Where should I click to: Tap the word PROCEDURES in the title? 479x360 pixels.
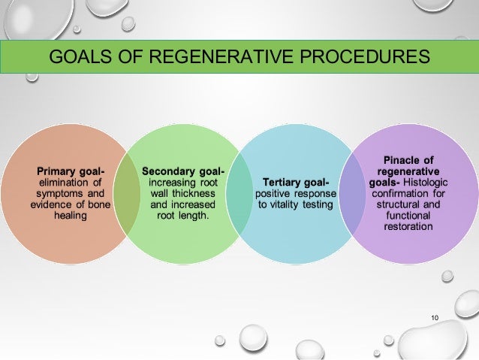[360, 56]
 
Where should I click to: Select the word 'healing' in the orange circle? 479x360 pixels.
[71, 216]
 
